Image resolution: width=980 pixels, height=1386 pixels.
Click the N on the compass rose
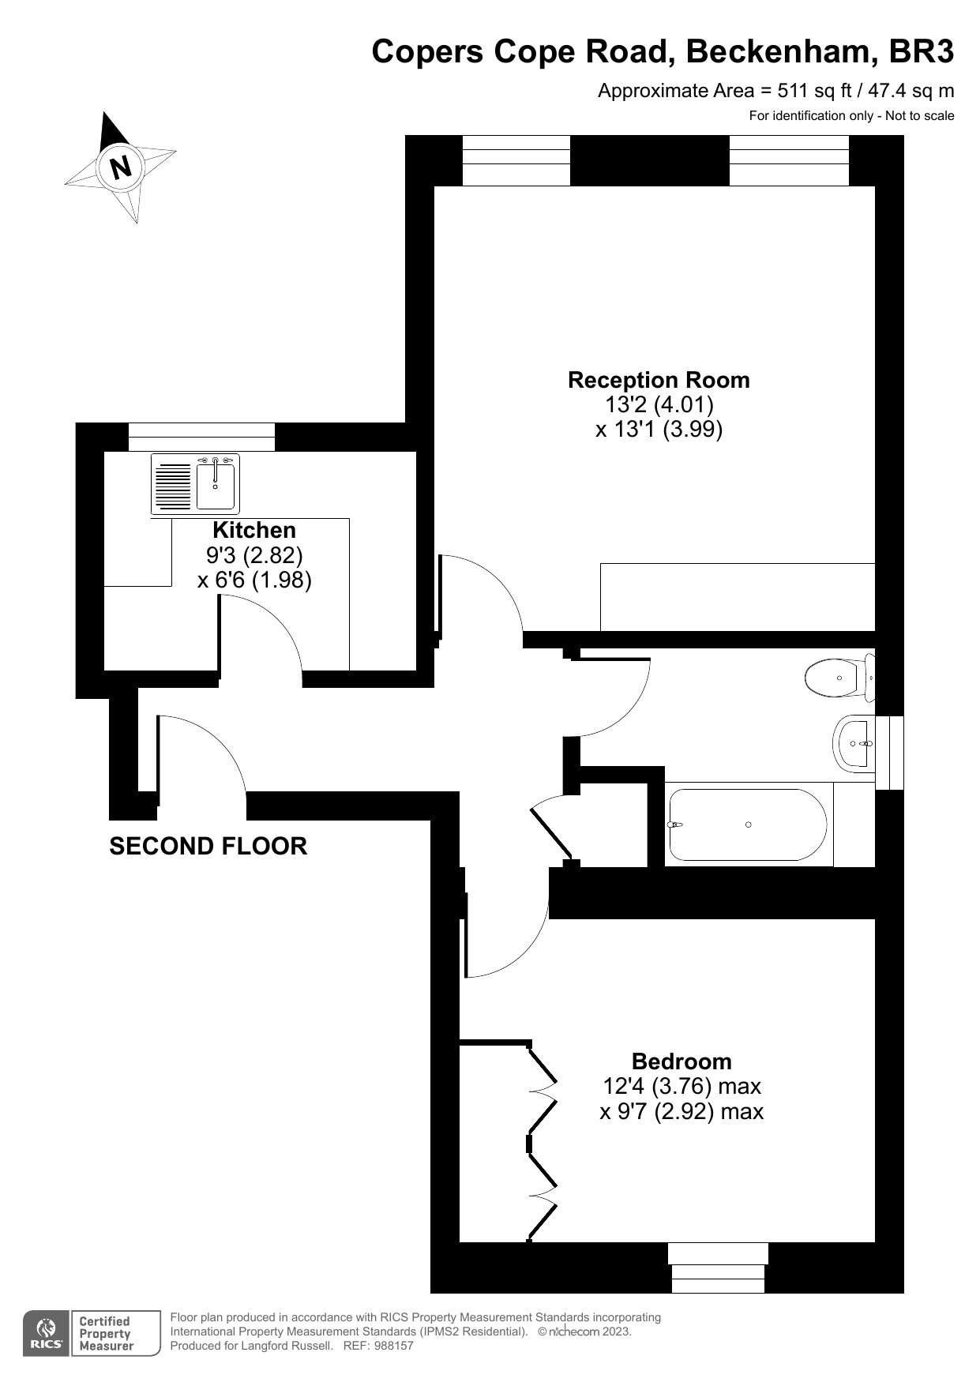point(121,167)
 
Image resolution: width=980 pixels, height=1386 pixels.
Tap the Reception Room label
point(659,380)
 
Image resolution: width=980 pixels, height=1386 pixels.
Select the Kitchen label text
point(254,530)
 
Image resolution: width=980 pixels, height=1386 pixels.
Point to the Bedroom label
point(681,1061)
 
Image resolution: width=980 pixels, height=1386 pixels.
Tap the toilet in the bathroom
point(839,678)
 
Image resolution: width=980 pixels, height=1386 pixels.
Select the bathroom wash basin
point(854,743)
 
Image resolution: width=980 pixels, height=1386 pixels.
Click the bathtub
point(748,824)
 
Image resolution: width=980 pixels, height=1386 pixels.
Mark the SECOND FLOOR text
point(208,846)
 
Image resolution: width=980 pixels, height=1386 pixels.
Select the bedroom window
point(718,1268)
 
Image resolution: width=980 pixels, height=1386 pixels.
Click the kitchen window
point(202,437)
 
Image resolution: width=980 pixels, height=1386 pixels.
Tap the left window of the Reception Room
point(516,160)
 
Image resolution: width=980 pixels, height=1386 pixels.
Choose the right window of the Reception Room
point(789,160)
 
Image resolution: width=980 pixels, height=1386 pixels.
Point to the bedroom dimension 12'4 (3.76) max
point(681,1086)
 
